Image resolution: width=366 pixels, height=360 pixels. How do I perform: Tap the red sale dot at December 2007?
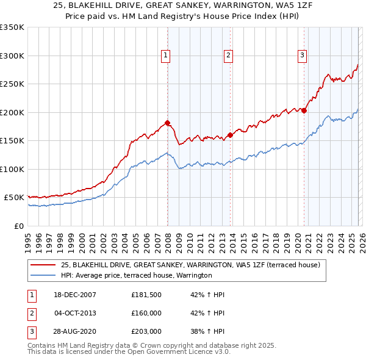(x=167, y=123)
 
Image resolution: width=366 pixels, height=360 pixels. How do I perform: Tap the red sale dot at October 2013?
(x=230, y=135)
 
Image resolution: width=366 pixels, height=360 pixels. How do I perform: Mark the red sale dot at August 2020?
(x=304, y=110)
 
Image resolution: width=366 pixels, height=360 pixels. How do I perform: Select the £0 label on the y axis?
(x=18, y=226)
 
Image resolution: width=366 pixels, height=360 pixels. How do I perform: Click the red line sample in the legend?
(x=43, y=265)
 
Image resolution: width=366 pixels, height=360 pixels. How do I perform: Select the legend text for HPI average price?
(x=135, y=275)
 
